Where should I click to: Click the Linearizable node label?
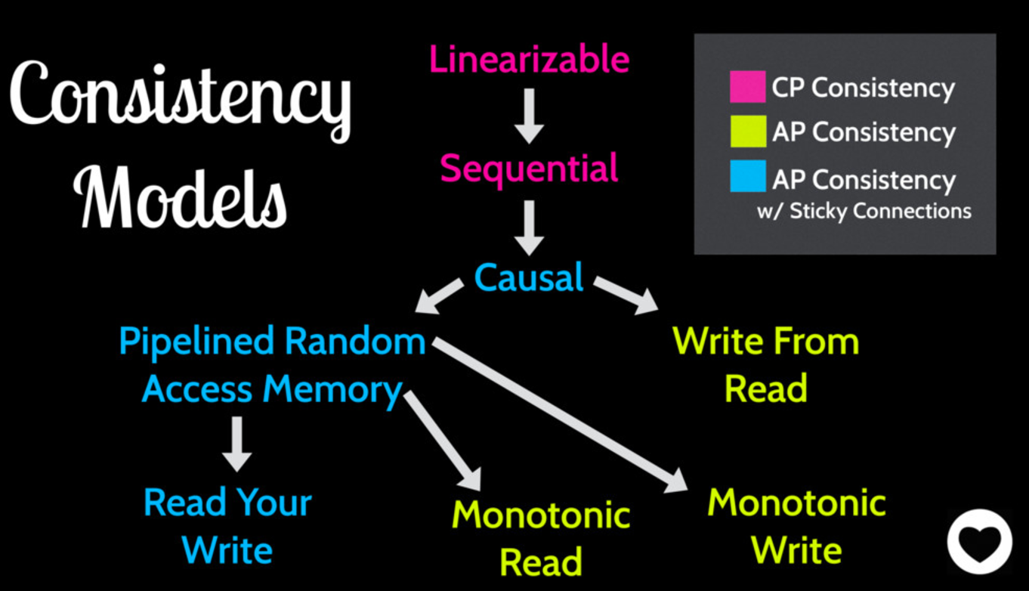pyautogui.click(x=529, y=60)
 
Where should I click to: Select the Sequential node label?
pyautogui.click(x=529, y=168)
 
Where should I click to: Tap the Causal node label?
pyautogui.click(x=529, y=278)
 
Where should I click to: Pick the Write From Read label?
pyautogui.click(x=765, y=366)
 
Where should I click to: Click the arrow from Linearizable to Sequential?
pyautogui.click(x=529, y=115)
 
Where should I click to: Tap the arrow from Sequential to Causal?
pyautogui.click(x=529, y=226)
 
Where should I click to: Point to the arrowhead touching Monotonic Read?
pyautogui.click(x=472, y=478)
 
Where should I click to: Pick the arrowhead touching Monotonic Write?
pyautogui.click(x=675, y=479)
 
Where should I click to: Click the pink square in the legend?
pyautogui.click(x=747, y=86)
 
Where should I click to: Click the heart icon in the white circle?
pyautogui.click(x=979, y=541)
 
